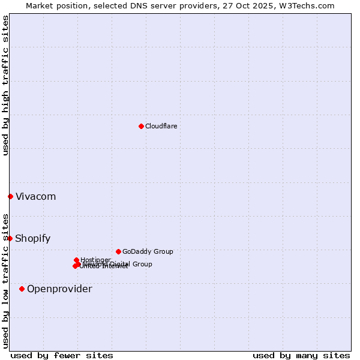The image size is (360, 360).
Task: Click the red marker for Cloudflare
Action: pyautogui.click(x=141, y=126)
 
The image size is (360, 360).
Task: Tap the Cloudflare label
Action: pyautogui.click(x=161, y=126)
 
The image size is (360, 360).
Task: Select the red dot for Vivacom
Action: pyautogui.click(x=10, y=196)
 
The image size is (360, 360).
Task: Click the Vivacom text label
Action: pyautogui.click(x=35, y=197)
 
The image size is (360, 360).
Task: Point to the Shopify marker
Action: pyautogui.click(x=10, y=238)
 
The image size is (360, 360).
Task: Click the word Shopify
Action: pyautogui.click(x=32, y=239)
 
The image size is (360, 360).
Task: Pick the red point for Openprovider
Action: pyautogui.click(x=22, y=289)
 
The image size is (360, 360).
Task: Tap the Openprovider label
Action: pyautogui.click(x=59, y=289)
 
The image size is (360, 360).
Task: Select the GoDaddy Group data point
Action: pyautogui.click(x=118, y=251)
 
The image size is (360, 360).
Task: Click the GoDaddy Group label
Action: pyautogui.click(x=148, y=251)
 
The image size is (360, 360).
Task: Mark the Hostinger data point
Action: pyautogui.click(x=76, y=260)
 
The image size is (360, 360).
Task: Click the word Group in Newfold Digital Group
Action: pyautogui.click(x=142, y=264)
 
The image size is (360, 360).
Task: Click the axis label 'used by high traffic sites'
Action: pyautogui.click(x=6, y=85)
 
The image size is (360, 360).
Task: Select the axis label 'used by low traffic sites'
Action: pyautogui.click(x=6, y=280)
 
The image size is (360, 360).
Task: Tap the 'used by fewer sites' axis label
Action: pyautogui.click(x=62, y=355)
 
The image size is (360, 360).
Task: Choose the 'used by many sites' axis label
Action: pyautogui.click(x=301, y=355)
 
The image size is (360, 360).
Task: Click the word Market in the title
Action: pyautogui.click(x=39, y=5)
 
